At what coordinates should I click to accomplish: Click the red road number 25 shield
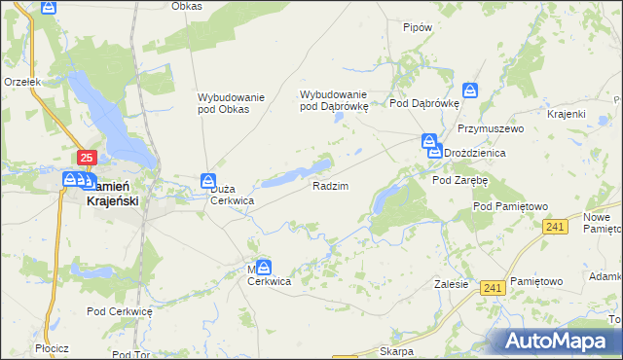(87, 157)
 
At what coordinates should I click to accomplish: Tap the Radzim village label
(330, 185)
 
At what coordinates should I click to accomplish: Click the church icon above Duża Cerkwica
(207, 180)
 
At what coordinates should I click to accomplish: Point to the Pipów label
(417, 27)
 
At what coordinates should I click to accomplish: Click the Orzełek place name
(20, 83)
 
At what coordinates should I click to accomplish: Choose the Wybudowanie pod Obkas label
(224, 102)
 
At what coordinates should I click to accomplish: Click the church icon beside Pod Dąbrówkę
(470, 90)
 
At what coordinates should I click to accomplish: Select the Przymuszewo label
(492, 128)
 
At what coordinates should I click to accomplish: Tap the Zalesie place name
(452, 285)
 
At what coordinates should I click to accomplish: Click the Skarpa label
(397, 351)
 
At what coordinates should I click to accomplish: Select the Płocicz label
(50, 347)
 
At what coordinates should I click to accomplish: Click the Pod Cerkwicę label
(120, 311)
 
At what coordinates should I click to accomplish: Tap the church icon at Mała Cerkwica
(264, 267)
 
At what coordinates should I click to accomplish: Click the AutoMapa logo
(561, 341)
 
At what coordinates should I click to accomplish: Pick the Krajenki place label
(566, 114)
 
